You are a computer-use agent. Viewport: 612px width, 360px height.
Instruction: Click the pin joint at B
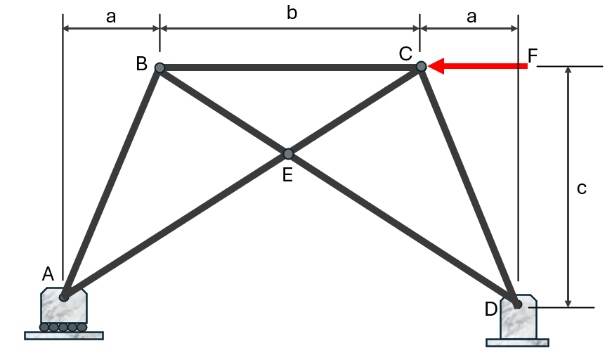click(x=159, y=68)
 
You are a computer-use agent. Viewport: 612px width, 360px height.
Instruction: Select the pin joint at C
click(x=421, y=66)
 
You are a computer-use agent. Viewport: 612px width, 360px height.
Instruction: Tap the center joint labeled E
click(x=288, y=154)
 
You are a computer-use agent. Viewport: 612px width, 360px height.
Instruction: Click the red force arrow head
click(x=436, y=66)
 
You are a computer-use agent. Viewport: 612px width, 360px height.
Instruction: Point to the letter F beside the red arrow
click(x=533, y=56)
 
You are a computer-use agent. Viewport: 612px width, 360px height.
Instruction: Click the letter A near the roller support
click(x=48, y=274)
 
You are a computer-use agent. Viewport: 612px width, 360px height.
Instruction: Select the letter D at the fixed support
click(x=491, y=309)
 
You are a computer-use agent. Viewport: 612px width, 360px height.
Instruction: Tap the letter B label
click(x=142, y=64)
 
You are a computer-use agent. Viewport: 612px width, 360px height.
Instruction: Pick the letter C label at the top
click(x=405, y=53)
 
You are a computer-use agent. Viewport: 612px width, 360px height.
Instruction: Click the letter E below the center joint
click(x=287, y=175)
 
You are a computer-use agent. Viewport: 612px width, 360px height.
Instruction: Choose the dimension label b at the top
click(x=292, y=13)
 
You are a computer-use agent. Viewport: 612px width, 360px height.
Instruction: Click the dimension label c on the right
click(x=582, y=188)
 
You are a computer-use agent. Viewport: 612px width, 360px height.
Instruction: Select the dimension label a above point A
click(x=111, y=17)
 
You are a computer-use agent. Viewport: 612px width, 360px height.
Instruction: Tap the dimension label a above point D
click(x=471, y=17)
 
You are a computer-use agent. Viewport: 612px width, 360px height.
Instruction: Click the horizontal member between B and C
click(x=290, y=67)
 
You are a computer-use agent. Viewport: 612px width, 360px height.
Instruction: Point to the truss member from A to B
click(x=112, y=183)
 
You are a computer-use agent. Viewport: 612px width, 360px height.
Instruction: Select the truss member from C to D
click(x=469, y=185)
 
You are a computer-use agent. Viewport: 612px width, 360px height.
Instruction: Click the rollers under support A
click(x=63, y=327)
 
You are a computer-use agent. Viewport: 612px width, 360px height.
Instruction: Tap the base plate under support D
click(x=518, y=343)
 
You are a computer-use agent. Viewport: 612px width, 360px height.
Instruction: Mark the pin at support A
click(x=64, y=297)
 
